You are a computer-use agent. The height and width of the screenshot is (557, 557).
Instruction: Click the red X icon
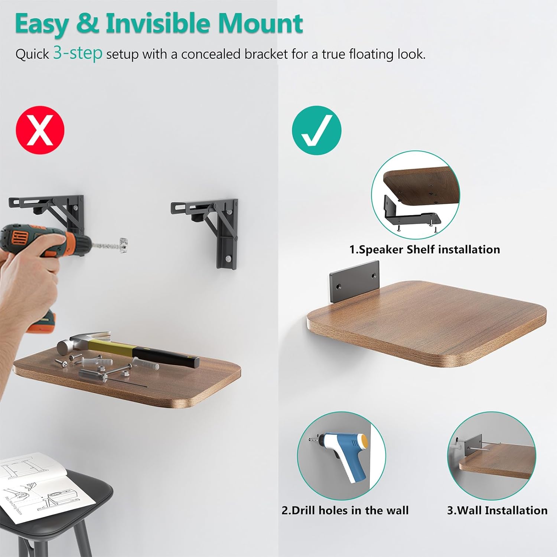click(40, 130)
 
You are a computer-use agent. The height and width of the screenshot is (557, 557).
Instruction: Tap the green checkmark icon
click(316, 130)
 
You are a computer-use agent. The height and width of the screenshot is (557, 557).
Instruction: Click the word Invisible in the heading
click(158, 23)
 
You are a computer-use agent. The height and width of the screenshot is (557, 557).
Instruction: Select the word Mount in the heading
click(260, 23)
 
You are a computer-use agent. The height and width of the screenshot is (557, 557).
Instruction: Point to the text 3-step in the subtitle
click(78, 53)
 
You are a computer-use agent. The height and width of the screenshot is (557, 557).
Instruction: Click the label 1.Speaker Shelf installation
click(424, 249)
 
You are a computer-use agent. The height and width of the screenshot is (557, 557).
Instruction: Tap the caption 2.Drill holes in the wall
click(345, 510)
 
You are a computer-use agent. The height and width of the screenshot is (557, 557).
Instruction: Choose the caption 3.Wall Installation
click(497, 510)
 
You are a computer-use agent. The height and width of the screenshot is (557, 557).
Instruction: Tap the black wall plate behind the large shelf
click(355, 282)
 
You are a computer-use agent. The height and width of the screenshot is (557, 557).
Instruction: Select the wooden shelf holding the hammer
click(126, 375)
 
